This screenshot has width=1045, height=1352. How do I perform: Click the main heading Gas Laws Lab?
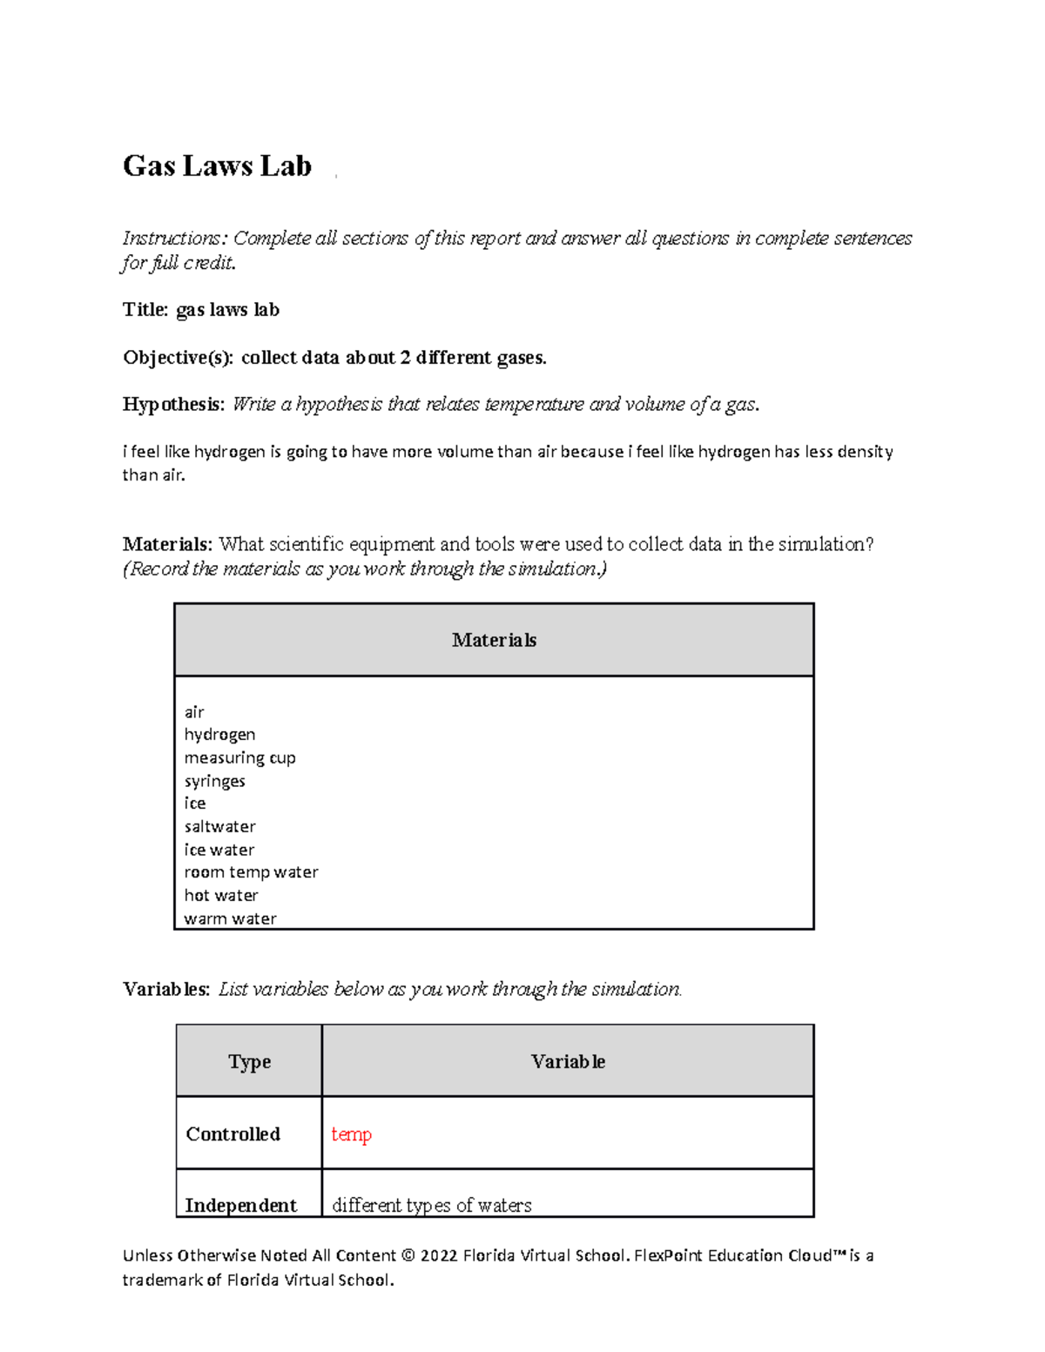217,165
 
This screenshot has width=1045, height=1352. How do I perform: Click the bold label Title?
145,310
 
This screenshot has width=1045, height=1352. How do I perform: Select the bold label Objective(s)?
178,357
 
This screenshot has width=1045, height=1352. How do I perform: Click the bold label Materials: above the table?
167,544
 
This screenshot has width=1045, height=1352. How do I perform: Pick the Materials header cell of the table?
494,640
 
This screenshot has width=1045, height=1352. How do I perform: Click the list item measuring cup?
239,757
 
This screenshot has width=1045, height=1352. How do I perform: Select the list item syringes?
214,781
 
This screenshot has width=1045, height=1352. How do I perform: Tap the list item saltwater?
219,826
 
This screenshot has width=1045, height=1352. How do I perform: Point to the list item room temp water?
251,872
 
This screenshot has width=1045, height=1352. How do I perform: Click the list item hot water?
221,895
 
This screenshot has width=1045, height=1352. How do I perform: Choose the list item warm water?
230,918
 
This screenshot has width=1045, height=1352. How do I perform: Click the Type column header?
249,1061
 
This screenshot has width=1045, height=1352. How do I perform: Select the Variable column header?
568,1061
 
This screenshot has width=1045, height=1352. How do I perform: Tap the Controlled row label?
233,1133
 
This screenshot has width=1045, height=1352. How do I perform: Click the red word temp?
351,1134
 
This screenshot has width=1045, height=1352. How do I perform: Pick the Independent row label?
240,1205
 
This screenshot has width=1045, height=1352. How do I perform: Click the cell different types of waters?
432,1205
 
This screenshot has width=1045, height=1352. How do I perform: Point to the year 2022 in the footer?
439,1255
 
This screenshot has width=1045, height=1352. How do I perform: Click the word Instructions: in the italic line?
174,239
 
